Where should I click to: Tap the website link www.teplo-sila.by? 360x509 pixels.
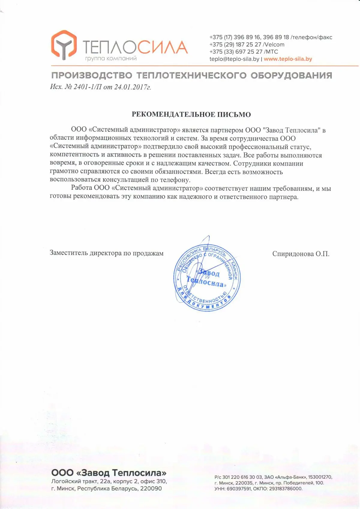pos(288,59)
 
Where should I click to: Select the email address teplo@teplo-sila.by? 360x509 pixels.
pos(234,59)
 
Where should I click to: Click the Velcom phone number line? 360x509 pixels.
pos(247,44)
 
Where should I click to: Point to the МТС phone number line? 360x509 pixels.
pos(244,52)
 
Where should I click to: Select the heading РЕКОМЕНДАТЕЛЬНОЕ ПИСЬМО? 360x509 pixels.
pos(191,114)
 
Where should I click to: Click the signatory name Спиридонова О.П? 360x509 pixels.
pos(301,254)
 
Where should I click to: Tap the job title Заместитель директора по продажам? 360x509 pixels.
pos(106,253)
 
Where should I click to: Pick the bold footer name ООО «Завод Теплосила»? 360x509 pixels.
pos(109,473)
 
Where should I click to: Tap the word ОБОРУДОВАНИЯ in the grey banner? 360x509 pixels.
pos(291,75)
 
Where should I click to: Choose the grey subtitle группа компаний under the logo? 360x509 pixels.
pos(111,59)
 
